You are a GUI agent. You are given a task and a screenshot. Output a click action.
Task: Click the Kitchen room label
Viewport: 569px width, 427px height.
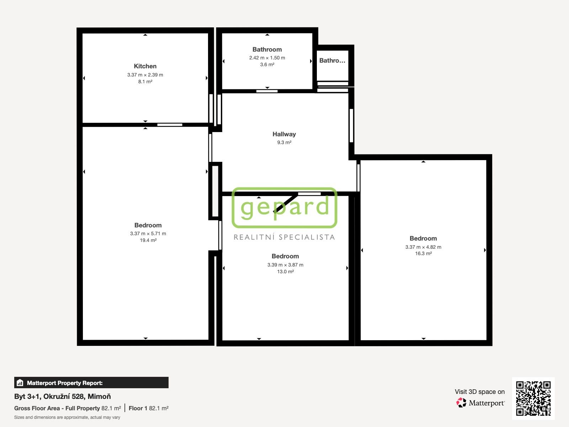(x=145, y=66)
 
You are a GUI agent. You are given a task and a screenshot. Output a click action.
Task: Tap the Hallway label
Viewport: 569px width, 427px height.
(x=284, y=134)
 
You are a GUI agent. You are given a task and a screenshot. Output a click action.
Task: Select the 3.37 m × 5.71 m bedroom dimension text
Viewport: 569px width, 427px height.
(x=148, y=233)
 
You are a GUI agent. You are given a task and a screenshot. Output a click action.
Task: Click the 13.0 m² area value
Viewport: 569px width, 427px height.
(x=285, y=272)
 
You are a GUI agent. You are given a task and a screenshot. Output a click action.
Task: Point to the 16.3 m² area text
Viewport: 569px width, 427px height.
(x=423, y=253)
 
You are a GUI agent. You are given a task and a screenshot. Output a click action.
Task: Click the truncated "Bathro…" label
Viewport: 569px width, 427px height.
(x=332, y=60)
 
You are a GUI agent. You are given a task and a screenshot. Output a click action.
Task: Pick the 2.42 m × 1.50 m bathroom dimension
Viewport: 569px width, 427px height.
(x=267, y=58)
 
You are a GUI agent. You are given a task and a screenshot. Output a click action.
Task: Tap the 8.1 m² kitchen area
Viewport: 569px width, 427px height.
(x=145, y=81)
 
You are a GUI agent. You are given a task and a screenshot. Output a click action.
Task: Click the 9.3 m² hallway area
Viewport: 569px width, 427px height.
(x=284, y=142)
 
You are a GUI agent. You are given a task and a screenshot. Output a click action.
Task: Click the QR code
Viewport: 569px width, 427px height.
(x=533, y=398)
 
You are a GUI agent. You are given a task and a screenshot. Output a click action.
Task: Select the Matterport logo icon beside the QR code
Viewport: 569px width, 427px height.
(x=461, y=403)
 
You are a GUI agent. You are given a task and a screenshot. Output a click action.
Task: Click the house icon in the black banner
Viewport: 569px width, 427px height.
(x=20, y=383)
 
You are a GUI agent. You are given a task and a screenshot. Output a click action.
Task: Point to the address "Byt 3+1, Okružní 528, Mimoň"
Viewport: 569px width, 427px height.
(x=63, y=396)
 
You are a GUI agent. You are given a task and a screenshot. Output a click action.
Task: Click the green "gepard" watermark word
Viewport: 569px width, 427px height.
(x=284, y=207)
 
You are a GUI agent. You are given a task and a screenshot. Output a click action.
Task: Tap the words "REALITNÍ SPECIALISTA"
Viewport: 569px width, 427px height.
(x=284, y=237)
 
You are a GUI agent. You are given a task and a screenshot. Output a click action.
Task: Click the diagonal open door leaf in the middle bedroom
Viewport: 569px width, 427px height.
(x=286, y=203)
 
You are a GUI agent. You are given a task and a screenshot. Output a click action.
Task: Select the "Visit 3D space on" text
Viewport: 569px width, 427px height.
(x=479, y=392)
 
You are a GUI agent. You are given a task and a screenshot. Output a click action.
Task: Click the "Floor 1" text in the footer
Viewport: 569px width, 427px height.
(x=138, y=408)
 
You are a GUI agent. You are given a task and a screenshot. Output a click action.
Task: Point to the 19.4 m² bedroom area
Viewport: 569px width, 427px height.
(x=148, y=240)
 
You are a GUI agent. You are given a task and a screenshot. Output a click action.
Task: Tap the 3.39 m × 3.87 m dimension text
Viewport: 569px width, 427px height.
(x=285, y=265)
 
